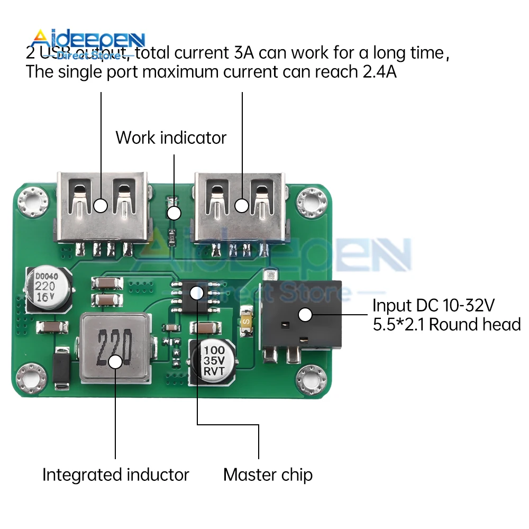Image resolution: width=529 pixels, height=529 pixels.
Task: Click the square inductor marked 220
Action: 115,349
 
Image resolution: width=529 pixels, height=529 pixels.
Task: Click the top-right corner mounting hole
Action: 311,202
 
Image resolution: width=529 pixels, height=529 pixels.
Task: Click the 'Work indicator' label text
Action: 171,138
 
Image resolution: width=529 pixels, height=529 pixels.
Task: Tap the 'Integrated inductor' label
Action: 115,475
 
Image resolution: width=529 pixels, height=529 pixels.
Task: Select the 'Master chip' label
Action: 268,475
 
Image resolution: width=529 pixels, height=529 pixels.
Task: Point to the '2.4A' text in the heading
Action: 379,72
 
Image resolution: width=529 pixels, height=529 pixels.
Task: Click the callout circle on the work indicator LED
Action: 174,214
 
